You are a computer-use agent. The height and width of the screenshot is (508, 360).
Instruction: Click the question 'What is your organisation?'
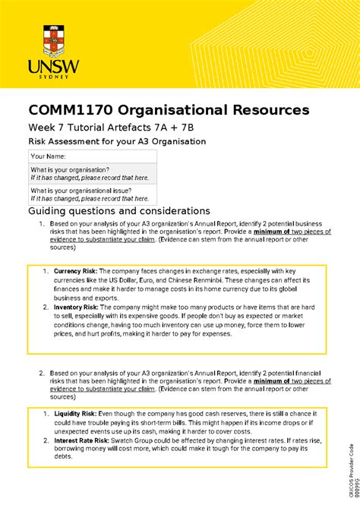tap(70, 169)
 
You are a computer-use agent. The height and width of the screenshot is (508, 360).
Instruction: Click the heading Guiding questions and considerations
tap(118, 210)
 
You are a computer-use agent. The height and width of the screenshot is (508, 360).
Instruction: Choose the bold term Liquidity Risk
tap(76, 413)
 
